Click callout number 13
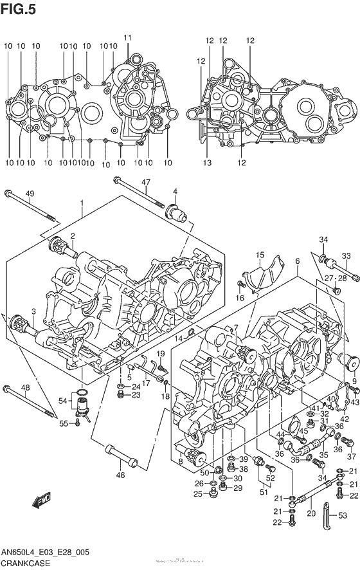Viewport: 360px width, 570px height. tap(207, 163)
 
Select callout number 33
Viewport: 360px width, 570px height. tap(346, 256)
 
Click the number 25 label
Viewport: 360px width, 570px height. tap(197, 494)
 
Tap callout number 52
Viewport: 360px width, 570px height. tap(271, 477)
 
